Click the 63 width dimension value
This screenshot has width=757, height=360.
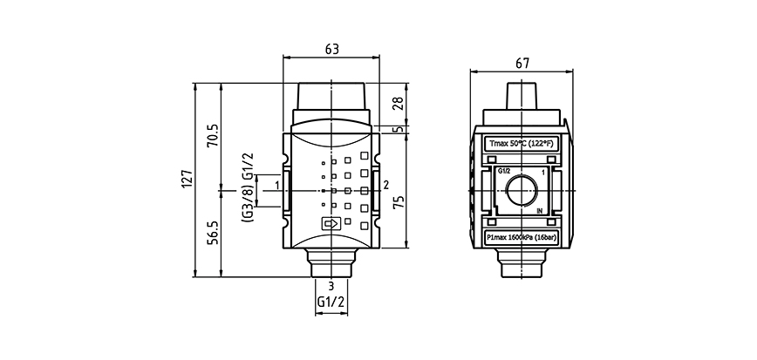tap(331, 50)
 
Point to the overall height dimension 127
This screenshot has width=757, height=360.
tap(186, 179)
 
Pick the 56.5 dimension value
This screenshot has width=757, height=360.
tap(213, 233)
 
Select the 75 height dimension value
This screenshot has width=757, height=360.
tap(398, 202)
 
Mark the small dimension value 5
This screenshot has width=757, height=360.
tap(398, 130)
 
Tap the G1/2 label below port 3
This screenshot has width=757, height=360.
tap(331, 302)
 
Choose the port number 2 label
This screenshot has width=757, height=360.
tap(385, 184)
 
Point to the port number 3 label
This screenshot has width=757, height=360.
tap(331, 286)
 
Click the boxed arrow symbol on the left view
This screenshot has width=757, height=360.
tap(331, 223)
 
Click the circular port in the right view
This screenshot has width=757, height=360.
tap(522, 189)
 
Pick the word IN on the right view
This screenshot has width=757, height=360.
tap(540, 211)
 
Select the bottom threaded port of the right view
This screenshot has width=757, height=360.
tap(522, 263)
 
